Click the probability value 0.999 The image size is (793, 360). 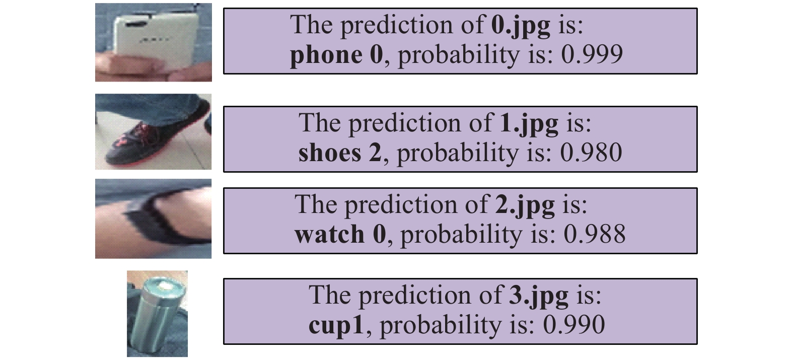pos(592,54)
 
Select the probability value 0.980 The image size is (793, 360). pos(591,153)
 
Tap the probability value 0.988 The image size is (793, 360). pos(595,234)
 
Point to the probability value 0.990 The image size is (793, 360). pos(574,325)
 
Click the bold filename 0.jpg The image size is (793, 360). pos(521,26)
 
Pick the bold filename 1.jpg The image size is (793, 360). pos(529,123)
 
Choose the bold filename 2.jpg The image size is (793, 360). pos(525,205)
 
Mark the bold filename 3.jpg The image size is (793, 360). pos(538,296)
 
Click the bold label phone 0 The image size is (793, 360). pos(336,55)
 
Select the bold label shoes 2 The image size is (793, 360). pos(340,153)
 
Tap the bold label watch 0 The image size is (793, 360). pos(340,234)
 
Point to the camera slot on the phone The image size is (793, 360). pos(136,24)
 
